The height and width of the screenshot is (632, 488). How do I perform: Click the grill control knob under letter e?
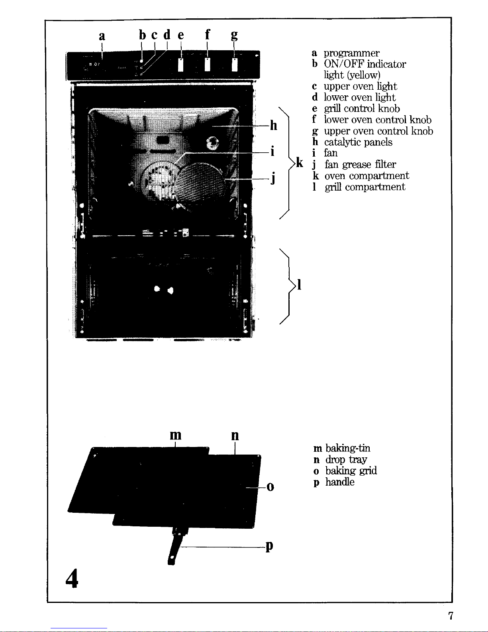point(181,65)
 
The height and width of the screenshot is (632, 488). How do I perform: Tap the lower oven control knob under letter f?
point(208,64)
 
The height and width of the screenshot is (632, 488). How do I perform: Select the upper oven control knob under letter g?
point(234,64)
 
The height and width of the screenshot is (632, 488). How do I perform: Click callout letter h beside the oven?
point(273,125)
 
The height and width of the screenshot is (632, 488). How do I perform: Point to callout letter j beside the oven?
point(273,178)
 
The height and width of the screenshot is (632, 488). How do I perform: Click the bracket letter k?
point(300,162)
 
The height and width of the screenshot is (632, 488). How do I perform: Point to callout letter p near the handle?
point(269,546)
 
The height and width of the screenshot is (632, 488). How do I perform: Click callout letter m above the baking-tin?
point(176,435)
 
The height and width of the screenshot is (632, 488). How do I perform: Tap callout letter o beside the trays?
point(270,487)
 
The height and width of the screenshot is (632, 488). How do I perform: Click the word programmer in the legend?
point(351,53)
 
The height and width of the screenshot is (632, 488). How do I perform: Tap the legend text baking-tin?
point(348,448)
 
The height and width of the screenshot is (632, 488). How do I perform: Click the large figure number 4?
point(72,578)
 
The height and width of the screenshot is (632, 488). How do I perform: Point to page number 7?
point(451,616)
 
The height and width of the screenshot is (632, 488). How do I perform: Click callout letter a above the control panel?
point(102,36)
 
